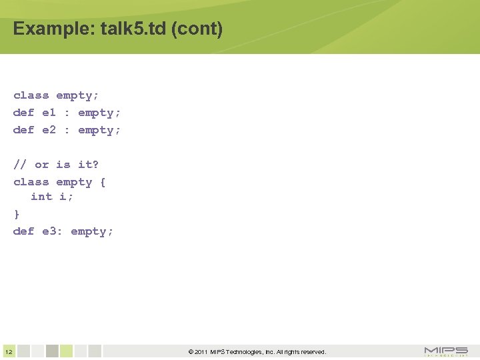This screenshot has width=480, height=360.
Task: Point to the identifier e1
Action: click(x=49, y=113)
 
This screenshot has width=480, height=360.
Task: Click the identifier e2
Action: click(x=49, y=130)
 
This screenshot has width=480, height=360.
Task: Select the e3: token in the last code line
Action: click(x=52, y=231)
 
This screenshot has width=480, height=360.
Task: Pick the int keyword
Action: click(x=41, y=197)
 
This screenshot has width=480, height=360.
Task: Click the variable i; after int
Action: click(x=67, y=197)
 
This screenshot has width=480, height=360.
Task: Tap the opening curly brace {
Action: click(x=103, y=182)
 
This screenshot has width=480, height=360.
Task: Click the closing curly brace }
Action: click(x=17, y=214)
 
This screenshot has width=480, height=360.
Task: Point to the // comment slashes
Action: click(x=20, y=165)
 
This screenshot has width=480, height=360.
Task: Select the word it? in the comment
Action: click(x=88, y=165)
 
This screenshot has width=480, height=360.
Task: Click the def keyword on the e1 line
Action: click(x=23, y=113)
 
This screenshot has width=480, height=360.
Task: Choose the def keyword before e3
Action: click(x=23, y=231)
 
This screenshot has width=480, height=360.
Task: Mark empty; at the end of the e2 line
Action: click(x=99, y=130)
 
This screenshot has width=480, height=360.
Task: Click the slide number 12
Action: click(x=8, y=352)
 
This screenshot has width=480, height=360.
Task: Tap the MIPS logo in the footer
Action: click(x=446, y=351)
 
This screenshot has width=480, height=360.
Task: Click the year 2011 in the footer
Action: click(x=202, y=352)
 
